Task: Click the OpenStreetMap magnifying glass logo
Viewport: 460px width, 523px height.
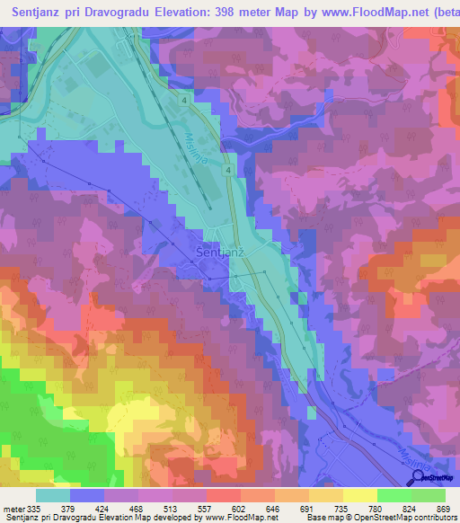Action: [x=417, y=477]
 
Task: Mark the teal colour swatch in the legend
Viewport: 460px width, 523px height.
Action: [x=53, y=494]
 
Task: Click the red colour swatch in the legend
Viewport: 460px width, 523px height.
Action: [x=223, y=494]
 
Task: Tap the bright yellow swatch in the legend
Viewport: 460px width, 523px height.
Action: [x=359, y=494]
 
